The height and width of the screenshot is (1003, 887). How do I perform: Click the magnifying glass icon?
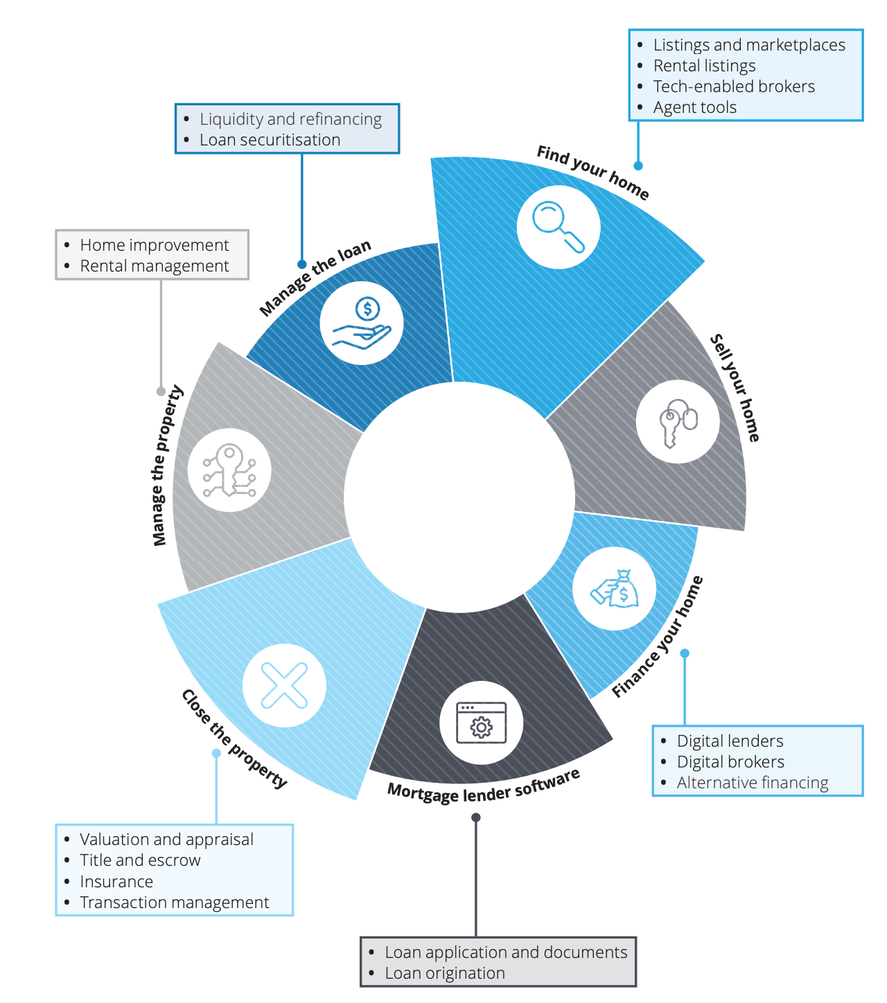tap(559, 227)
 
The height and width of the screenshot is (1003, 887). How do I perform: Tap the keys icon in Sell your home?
tap(678, 421)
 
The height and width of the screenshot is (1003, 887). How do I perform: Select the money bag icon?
tap(615, 589)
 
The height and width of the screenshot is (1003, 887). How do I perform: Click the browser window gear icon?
tap(481, 722)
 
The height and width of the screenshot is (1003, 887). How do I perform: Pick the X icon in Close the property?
tap(284, 685)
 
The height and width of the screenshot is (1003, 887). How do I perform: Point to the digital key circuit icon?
tap(229, 470)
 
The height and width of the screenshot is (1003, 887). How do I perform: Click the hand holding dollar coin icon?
tap(362, 323)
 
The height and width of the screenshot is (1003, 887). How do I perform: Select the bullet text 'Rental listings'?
tap(704, 66)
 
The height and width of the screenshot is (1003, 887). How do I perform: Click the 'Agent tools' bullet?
tap(694, 107)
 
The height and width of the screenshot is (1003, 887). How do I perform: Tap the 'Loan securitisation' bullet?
tap(270, 140)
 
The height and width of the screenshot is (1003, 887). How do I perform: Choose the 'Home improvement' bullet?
tap(154, 245)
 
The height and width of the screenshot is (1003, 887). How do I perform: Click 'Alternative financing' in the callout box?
tap(753, 783)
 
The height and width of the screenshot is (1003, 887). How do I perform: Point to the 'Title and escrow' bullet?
tap(140, 860)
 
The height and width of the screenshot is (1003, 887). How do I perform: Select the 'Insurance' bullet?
tap(116, 882)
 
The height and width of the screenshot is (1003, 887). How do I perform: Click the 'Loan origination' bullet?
tap(445, 973)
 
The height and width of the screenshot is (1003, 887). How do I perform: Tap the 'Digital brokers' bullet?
tap(730, 762)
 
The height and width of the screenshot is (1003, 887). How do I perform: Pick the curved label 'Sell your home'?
tap(736, 388)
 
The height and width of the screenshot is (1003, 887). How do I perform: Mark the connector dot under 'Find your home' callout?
tap(638, 166)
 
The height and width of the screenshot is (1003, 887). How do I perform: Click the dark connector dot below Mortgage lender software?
tap(476, 817)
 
